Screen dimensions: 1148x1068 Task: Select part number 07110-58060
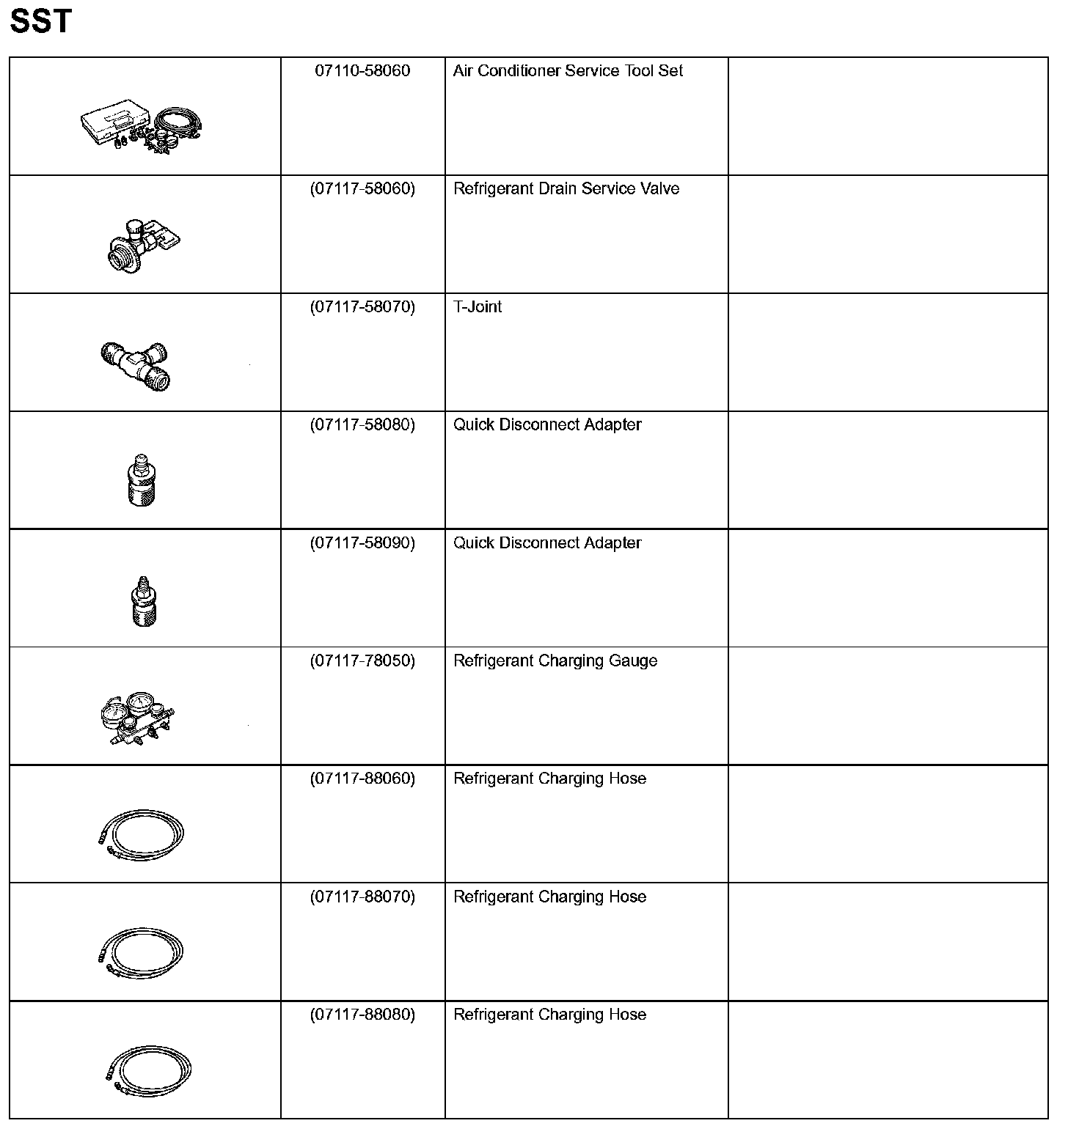362,71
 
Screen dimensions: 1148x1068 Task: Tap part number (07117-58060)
362,189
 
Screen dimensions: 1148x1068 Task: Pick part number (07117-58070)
362,307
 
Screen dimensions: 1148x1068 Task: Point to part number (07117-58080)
362,425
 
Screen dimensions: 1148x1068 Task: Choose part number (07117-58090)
362,543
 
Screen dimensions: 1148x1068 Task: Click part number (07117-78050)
362,661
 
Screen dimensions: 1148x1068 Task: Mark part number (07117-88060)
362,779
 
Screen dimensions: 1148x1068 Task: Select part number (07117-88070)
362,897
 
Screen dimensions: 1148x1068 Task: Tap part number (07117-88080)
362,1015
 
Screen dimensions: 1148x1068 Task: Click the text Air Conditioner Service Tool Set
568,71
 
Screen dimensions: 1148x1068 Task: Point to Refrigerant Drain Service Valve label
566,189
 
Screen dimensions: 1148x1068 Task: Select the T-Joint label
478,307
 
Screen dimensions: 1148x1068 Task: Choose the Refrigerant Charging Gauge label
555,661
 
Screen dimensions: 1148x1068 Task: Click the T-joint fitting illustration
136,364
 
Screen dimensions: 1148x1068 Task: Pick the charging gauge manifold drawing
136,718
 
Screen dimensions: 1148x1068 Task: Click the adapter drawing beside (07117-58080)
142,479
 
